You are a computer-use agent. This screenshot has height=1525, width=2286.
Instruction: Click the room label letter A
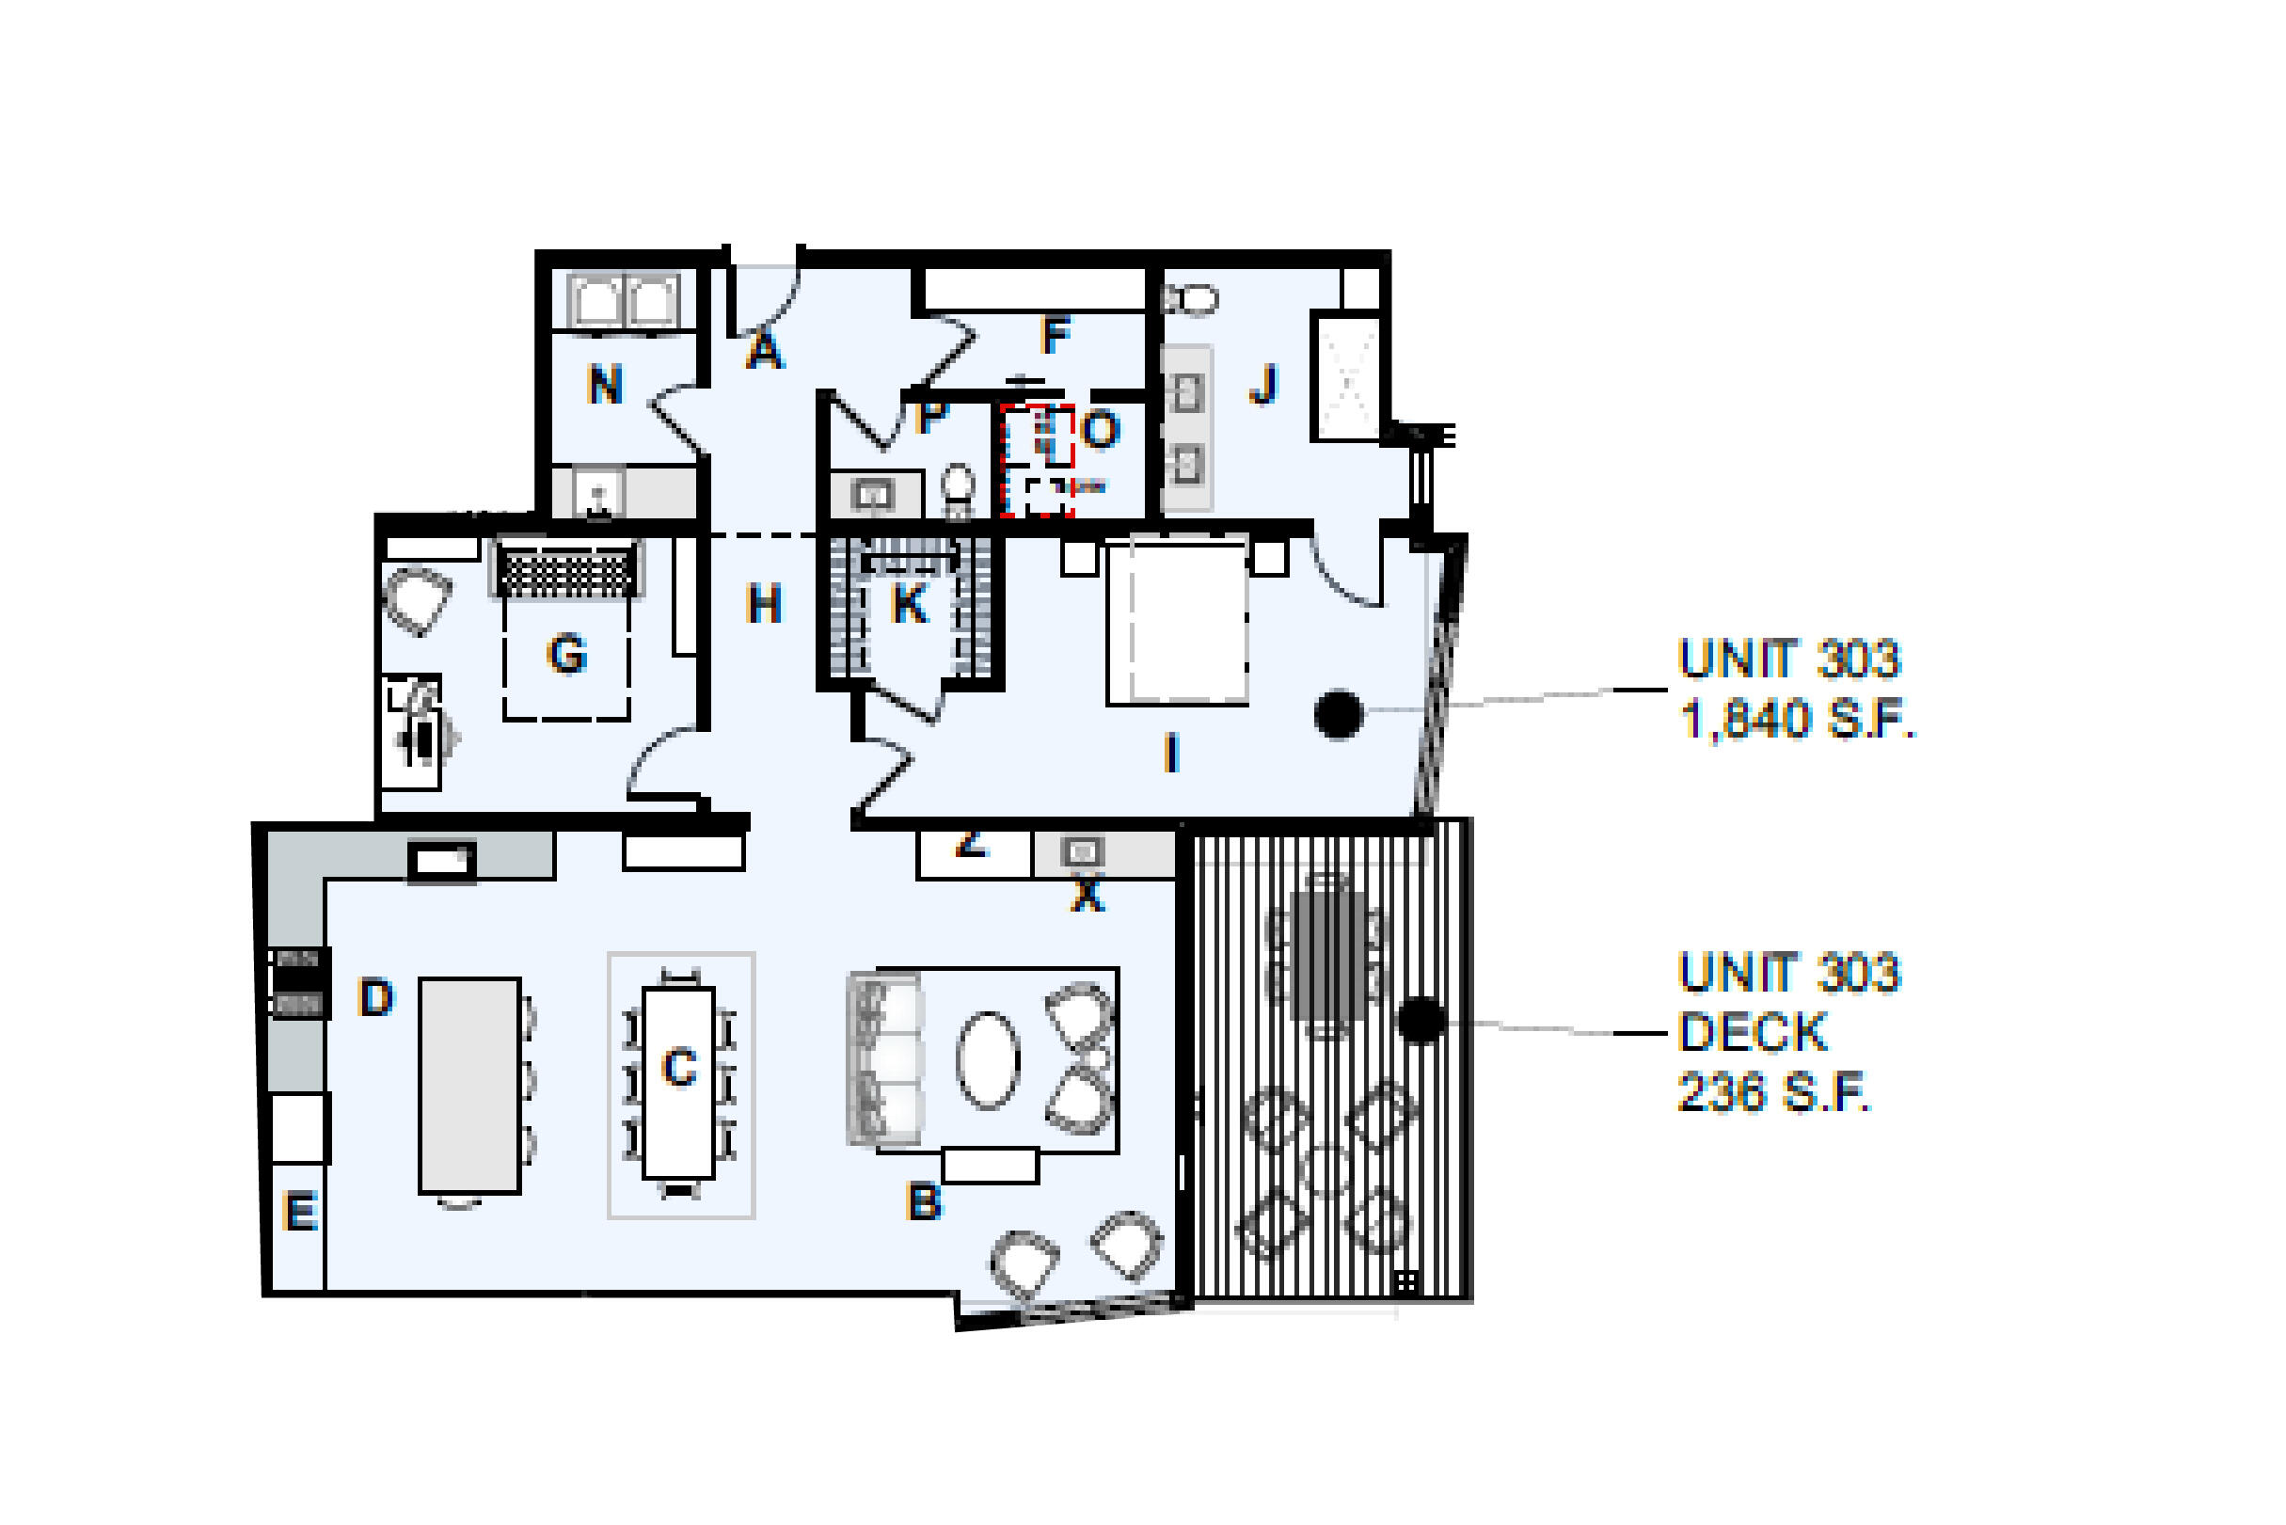(x=764, y=350)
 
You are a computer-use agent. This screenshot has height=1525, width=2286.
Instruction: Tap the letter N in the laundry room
(x=605, y=385)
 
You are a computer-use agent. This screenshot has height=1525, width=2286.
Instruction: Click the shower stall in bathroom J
(x=1347, y=376)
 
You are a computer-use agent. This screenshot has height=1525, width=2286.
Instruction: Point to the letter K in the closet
(x=909, y=604)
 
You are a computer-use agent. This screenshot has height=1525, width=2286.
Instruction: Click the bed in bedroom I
(x=1178, y=623)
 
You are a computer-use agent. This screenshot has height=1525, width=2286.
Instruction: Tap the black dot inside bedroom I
(x=1338, y=715)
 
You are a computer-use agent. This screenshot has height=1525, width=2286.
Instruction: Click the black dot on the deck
(x=1421, y=1020)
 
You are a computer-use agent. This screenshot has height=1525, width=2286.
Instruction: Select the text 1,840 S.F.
(x=1797, y=720)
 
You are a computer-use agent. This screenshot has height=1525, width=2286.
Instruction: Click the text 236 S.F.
(x=1772, y=1092)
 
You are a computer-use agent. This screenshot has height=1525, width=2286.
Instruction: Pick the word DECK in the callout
(x=1753, y=1033)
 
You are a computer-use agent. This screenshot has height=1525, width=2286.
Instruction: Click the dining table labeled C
(x=678, y=1083)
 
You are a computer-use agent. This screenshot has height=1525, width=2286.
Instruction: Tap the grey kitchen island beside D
(x=469, y=1086)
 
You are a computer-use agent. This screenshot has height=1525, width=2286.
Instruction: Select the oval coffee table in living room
(x=988, y=1060)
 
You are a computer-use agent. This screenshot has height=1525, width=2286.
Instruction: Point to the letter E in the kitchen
(x=299, y=1213)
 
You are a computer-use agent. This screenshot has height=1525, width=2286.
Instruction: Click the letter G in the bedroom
(x=567, y=654)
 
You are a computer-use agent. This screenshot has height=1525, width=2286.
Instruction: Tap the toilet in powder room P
(x=959, y=492)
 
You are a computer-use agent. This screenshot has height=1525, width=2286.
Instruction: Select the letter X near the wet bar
(x=1087, y=895)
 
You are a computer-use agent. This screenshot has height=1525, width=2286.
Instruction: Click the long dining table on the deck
(x=1327, y=956)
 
